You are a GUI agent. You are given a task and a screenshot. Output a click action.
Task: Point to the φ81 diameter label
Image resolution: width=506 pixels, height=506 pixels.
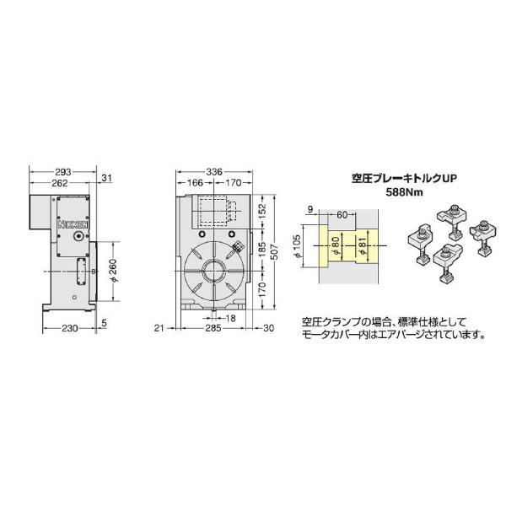363,249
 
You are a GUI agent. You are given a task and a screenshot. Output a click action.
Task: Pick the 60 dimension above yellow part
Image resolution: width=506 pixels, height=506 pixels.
342,214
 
